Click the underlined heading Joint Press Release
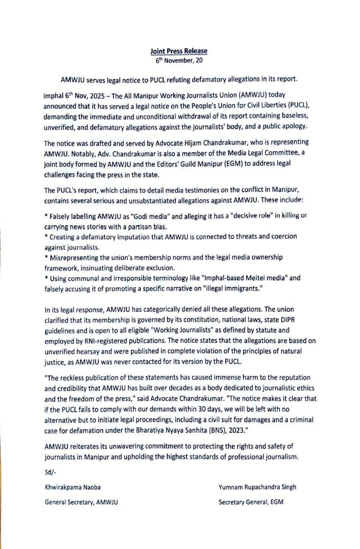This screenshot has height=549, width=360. [178, 51]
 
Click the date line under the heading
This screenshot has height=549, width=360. [178, 60]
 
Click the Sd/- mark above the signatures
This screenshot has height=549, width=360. [50, 472]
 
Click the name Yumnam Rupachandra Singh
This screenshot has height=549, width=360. [257, 487]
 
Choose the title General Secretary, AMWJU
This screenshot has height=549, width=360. [82, 502]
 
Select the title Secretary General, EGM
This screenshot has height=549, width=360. [251, 502]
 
